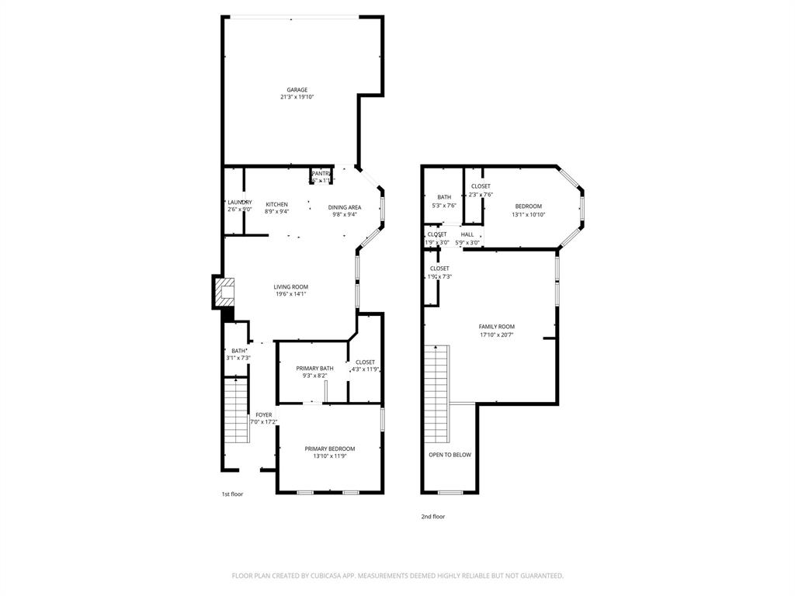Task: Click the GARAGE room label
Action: point(297,89)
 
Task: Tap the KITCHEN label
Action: point(276,204)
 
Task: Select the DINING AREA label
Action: point(344,207)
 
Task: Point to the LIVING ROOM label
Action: point(290,286)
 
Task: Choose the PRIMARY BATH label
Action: point(314,368)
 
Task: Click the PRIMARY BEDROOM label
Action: point(329,449)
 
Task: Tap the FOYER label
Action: point(264,415)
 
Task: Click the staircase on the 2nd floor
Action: point(436,392)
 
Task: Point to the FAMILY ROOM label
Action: point(496,326)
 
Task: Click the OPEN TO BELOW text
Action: point(450,455)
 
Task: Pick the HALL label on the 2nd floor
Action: point(467,234)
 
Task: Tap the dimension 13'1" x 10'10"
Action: point(528,214)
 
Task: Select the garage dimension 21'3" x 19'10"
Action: point(297,97)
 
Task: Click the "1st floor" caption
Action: point(232,494)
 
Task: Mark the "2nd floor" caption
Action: point(433,516)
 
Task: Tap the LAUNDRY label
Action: point(239,202)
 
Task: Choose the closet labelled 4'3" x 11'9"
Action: point(365,369)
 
